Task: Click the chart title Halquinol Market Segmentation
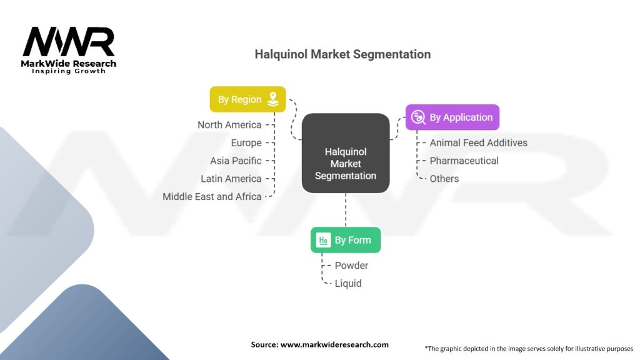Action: click(342, 54)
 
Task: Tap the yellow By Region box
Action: click(247, 99)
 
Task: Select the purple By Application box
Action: click(452, 117)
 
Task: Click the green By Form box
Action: click(346, 240)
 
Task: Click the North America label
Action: click(229, 125)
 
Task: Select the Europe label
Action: click(246, 143)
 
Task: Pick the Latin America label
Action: click(231, 179)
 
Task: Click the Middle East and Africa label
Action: click(212, 196)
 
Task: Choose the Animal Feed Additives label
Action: click(478, 143)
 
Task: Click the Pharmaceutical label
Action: click(464, 161)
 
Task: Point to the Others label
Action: click(444, 179)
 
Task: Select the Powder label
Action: click(351, 266)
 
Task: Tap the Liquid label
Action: click(347, 283)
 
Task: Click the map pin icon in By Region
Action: click(272, 99)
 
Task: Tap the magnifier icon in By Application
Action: click(419, 117)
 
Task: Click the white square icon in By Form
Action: click(323, 240)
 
